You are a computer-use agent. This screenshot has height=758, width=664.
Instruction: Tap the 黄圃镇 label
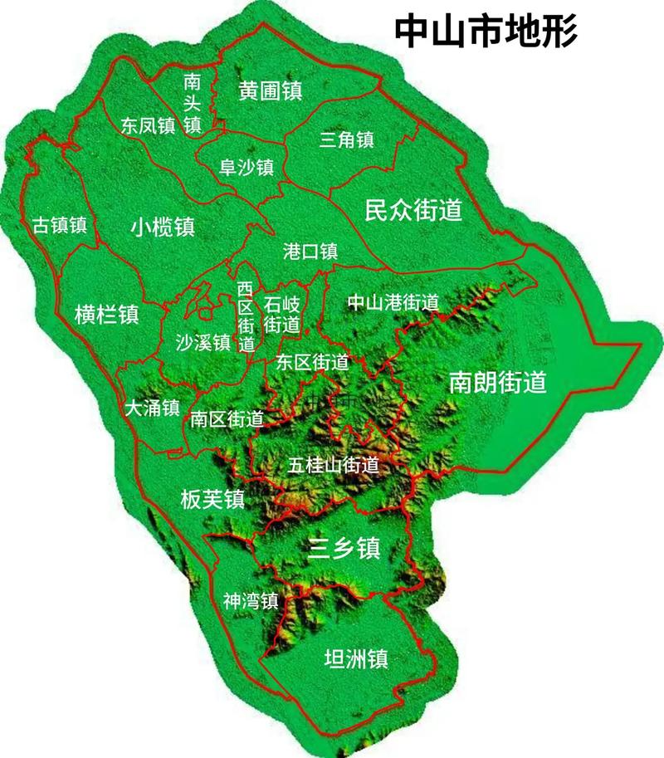(270, 90)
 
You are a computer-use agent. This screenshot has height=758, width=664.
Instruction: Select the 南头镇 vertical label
(193, 103)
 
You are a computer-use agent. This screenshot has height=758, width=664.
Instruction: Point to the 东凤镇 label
(148, 125)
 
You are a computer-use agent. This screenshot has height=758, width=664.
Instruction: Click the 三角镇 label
(347, 139)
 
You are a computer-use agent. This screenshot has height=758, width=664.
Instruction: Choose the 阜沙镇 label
(247, 167)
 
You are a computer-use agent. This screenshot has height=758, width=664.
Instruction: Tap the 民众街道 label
(413, 210)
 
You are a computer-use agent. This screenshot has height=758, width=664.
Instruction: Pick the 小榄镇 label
(163, 227)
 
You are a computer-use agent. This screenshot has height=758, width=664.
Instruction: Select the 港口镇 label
(310, 251)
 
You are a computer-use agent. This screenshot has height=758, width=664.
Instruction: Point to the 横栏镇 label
(106, 315)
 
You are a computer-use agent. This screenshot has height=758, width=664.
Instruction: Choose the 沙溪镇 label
(203, 342)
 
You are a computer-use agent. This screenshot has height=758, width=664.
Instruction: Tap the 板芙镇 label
(212, 498)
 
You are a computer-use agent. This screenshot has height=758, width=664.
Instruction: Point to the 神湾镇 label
(249, 599)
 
